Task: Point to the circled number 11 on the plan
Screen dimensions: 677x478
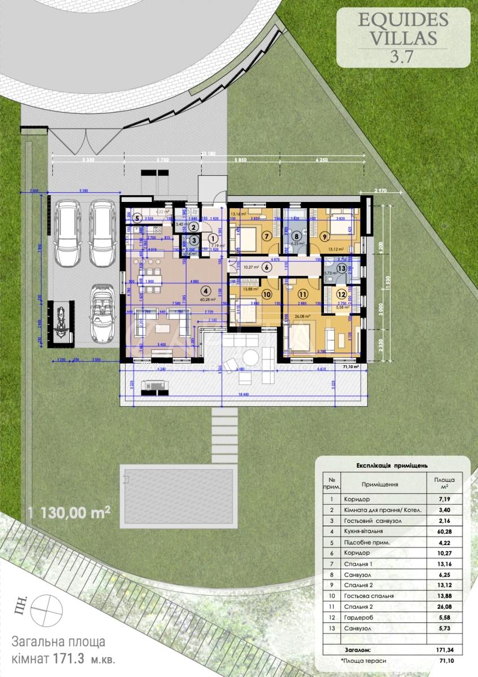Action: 303,294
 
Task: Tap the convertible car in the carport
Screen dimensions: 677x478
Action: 103,313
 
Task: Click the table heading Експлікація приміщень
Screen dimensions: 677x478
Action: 392,466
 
